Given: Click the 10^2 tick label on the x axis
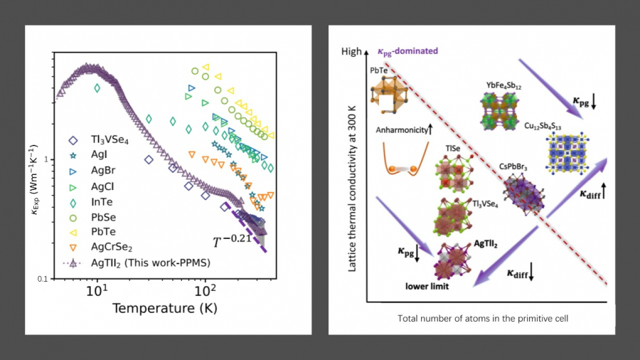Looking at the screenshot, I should [x=206, y=292].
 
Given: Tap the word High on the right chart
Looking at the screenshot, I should [x=351, y=52].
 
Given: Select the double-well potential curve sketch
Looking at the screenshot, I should [x=403, y=157].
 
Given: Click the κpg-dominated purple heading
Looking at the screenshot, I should [x=406, y=51].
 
